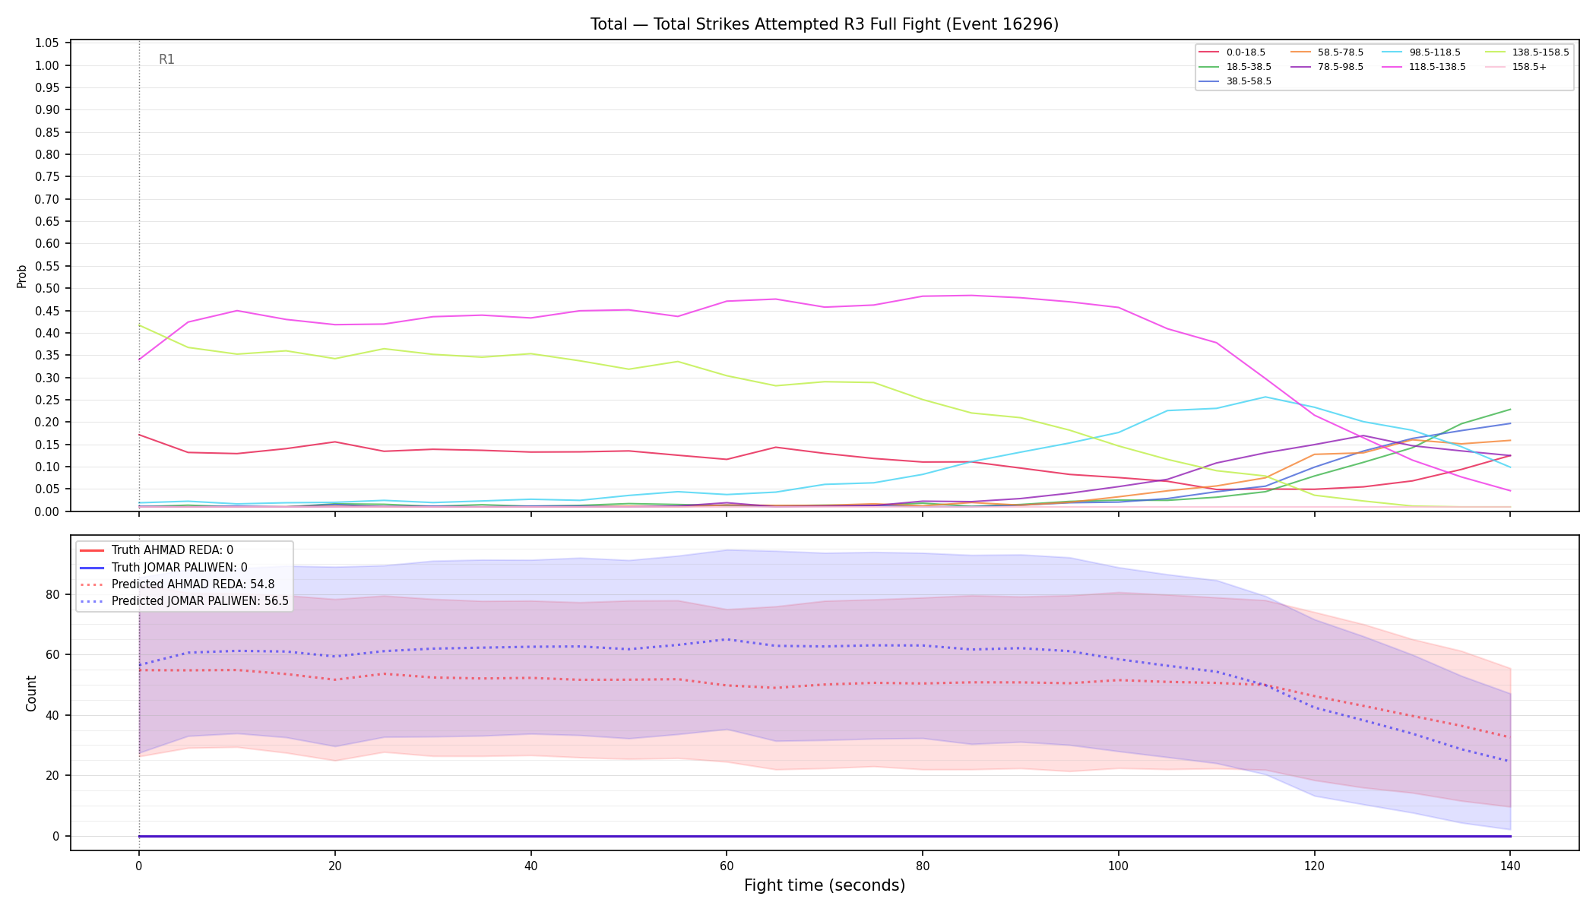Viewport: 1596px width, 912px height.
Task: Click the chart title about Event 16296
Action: tap(825, 24)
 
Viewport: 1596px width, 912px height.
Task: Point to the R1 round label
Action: tap(166, 59)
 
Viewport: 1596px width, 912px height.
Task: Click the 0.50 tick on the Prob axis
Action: tap(47, 289)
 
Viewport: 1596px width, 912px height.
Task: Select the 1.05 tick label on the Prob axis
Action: tap(47, 43)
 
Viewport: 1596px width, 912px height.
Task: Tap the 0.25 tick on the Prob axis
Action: tap(47, 401)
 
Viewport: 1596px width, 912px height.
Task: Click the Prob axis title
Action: tap(21, 276)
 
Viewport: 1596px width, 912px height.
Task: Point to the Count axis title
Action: tap(31, 693)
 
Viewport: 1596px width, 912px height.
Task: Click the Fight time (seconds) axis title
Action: tap(825, 885)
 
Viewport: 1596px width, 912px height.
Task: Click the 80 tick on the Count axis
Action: tap(52, 595)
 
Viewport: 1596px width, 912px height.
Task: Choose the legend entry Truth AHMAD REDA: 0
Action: tap(173, 550)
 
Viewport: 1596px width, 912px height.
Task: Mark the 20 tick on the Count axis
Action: tap(52, 776)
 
